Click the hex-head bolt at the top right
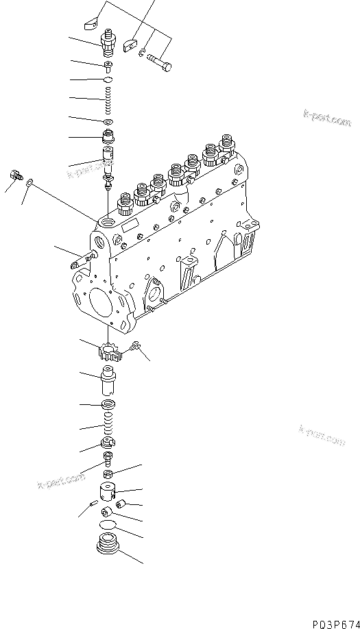pos(160,62)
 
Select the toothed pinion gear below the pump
pos(109,351)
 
